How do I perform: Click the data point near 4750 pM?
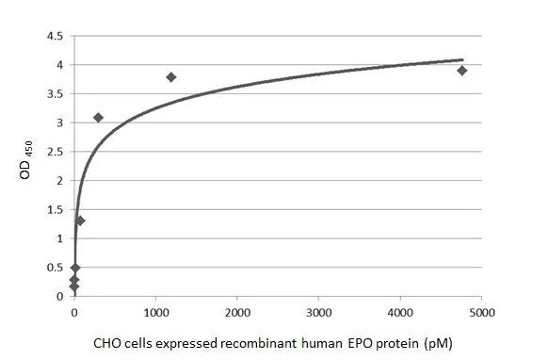pos(462,71)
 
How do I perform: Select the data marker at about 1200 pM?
pos(171,77)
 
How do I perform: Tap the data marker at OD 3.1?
pos(98,118)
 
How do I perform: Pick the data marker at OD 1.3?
pos(80,221)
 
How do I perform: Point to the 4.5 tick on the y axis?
pos(56,36)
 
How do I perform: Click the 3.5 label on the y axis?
pos(56,94)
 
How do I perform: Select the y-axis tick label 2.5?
pos(56,152)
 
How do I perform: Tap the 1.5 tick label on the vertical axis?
pos(56,210)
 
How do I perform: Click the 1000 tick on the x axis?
pos(155,311)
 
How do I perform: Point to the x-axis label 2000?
pos(237,311)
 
